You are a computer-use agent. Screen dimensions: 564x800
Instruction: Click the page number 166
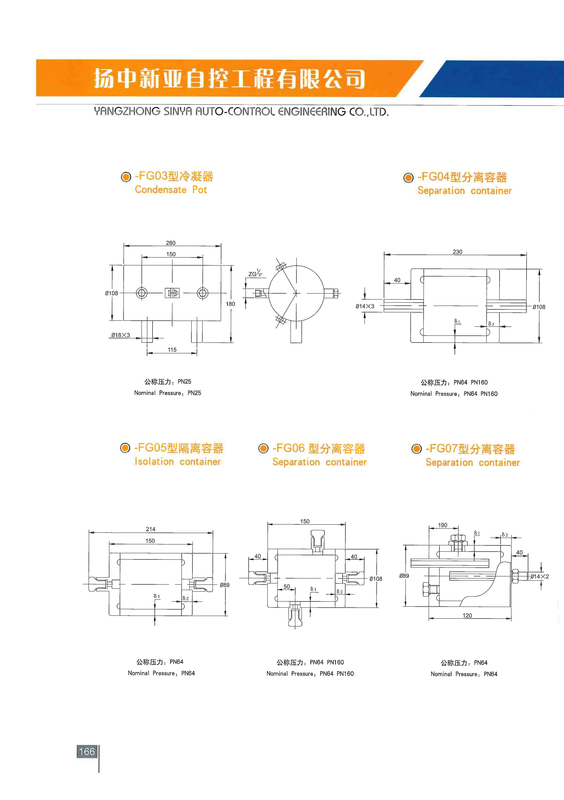pos(87,752)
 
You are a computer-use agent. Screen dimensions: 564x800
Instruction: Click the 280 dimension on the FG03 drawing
pos(171,243)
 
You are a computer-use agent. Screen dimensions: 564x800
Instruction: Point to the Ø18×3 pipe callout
pos(121,335)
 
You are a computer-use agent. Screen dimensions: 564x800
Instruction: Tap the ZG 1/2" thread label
pos(255,273)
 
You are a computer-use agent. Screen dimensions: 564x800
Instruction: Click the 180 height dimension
pos(230,304)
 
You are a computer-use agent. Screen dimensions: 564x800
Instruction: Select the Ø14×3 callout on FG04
pos(365,306)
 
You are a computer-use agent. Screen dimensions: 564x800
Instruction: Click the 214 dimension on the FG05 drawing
pos(151,529)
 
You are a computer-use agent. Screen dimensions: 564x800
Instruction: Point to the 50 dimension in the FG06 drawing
pos(287,587)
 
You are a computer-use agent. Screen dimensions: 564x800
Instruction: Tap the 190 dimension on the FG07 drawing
pos(443,525)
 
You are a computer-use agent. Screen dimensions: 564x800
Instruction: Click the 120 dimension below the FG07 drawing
pos(467,615)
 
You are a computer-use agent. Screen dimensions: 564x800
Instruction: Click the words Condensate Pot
pos(171,190)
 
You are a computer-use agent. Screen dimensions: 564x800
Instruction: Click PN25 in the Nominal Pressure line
pos(194,393)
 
